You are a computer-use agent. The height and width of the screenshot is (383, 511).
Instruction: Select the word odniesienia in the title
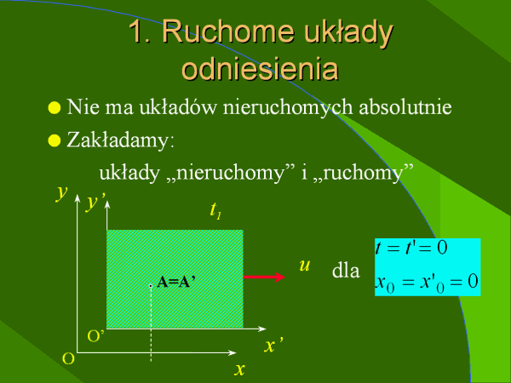[260, 68]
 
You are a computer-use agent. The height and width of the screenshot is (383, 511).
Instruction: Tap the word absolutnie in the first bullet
[405, 106]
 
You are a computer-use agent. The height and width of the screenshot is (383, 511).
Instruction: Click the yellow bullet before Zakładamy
[55, 140]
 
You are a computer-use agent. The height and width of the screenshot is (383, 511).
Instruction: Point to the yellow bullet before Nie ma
[55, 107]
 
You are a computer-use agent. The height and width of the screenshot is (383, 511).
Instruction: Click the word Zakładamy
[120, 140]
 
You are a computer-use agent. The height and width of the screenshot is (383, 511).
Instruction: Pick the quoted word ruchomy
[363, 173]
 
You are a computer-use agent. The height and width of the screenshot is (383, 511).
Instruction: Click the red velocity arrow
[264, 277]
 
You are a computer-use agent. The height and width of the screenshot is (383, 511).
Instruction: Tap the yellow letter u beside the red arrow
[304, 266]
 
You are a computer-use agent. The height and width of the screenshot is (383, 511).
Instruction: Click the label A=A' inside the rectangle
[176, 282]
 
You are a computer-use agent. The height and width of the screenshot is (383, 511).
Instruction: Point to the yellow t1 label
[215, 210]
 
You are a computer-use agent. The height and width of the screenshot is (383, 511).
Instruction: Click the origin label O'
[95, 336]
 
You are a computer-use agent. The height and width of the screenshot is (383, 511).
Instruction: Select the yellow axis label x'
[273, 345]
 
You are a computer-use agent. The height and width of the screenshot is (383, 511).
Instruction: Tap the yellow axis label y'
[95, 202]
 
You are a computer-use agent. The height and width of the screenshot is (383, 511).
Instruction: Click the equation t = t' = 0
[411, 248]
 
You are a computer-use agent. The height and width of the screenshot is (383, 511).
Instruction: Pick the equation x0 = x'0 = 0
[427, 282]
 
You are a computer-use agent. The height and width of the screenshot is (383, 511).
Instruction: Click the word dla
[346, 271]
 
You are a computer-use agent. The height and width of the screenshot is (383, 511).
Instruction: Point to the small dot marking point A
[151, 286]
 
